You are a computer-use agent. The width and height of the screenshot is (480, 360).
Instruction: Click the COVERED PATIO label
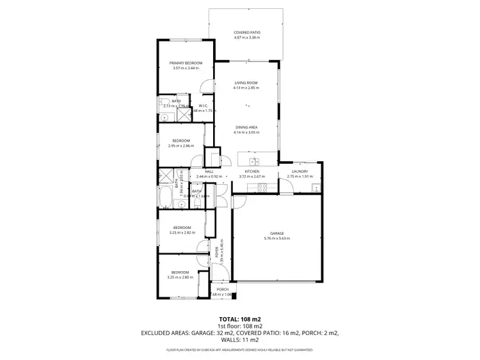(246, 32)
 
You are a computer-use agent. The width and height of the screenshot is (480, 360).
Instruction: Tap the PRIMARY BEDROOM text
(186, 63)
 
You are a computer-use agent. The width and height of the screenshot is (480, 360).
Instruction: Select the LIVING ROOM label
(246, 82)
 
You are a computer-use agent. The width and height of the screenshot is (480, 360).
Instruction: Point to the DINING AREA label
(246, 127)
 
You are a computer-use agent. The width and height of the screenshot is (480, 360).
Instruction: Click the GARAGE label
(276, 233)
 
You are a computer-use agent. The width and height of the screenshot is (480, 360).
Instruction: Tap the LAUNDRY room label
(300, 171)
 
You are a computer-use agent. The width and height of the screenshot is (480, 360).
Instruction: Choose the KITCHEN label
(252, 171)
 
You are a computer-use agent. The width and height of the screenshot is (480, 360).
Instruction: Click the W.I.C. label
(203, 106)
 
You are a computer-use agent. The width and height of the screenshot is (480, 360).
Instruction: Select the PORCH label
(223, 290)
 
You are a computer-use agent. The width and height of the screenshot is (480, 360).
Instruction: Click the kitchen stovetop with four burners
(261, 187)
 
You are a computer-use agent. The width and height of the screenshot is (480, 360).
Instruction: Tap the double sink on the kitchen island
(254, 160)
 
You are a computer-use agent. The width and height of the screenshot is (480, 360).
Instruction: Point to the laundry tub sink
(316, 187)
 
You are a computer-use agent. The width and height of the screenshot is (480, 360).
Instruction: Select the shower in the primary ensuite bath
(184, 115)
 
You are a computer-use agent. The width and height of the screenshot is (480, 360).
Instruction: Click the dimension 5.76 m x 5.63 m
(276, 239)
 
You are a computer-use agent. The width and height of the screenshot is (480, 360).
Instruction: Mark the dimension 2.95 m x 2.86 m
(180, 146)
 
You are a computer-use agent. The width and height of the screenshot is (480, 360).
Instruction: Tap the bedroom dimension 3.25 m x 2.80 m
(180, 278)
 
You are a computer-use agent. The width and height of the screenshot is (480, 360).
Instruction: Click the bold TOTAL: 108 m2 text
(240, 318)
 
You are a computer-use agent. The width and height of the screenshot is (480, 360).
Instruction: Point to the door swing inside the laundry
(286, 186)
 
